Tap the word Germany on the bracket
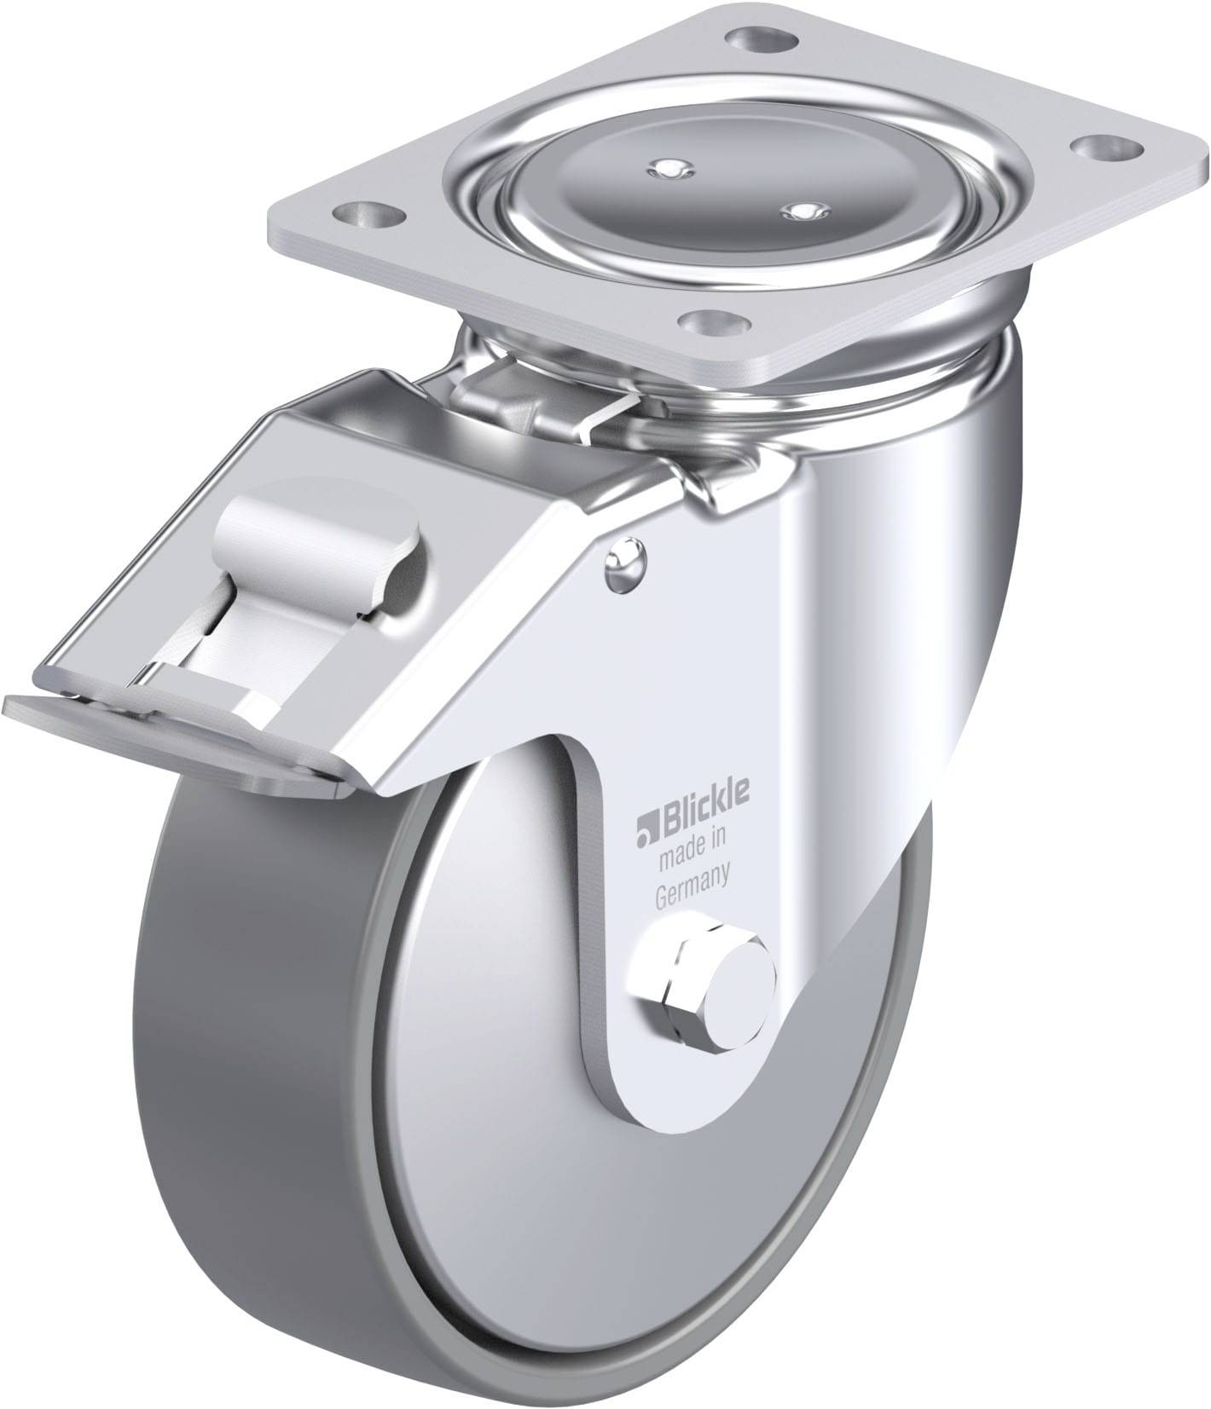pyautogui.click(x=690, y=875)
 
